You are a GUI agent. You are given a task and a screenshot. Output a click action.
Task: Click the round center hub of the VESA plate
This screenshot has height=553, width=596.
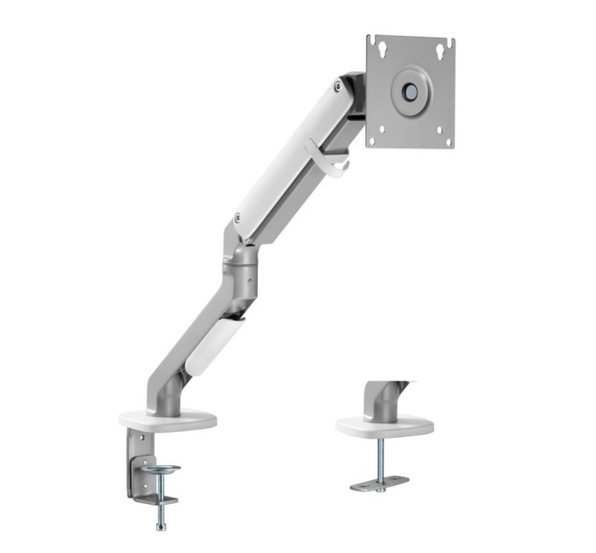coord(409,90)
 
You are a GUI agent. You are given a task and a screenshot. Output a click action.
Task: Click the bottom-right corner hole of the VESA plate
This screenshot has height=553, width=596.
coord(446,139)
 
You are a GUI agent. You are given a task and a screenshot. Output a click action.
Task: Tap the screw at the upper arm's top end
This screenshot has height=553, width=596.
coord(338,86)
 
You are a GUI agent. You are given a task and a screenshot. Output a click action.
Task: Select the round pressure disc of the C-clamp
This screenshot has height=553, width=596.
coord(162,470)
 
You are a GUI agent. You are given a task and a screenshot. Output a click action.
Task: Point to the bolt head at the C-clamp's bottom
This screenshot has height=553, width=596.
coord(161,526)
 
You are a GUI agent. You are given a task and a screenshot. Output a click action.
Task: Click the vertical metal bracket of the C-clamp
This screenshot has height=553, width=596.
coord(136,461)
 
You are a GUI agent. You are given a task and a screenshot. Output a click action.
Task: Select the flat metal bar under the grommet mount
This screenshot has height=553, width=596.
coord(380,483)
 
